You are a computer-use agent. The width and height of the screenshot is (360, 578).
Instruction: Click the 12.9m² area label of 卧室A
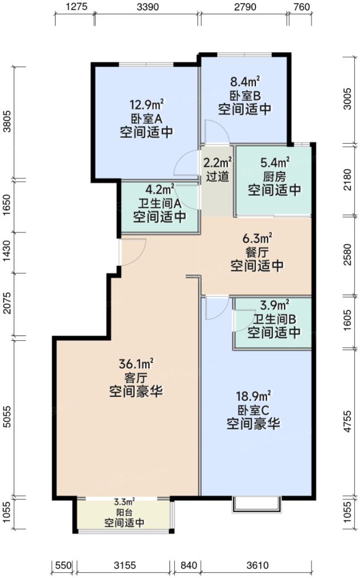(146, 106)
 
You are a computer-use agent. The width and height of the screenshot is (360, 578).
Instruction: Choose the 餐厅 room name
(257, 252)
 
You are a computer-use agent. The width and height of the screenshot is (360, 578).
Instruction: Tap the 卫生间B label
(274, 320)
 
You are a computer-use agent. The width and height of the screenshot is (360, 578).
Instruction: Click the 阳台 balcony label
(124, 513)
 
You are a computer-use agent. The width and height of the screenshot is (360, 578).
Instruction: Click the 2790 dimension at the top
(244, 8)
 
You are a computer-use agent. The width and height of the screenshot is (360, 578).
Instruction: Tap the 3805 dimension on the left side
(7, 122)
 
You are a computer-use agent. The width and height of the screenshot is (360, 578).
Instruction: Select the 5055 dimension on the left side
(7, 418)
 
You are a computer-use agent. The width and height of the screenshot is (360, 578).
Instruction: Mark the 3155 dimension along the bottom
(124, 565)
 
